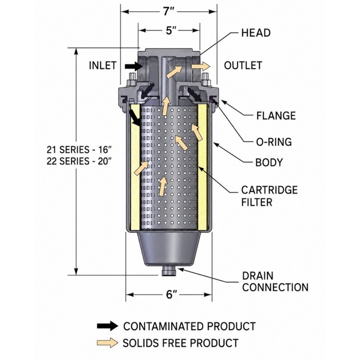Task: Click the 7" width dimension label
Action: [x=169, y=11]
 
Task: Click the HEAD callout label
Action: [x=256, y=33]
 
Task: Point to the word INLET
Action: [x=103, y=65]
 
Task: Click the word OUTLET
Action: [x=243, y=65]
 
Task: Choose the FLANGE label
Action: [x=276, y=116]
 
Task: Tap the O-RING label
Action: [x=274, y=142]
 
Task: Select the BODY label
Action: [x=269, y=163]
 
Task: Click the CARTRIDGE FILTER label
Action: [x=269, y=196]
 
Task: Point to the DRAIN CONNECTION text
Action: [x=275, y=281]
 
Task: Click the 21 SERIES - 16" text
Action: [x=79, y=150]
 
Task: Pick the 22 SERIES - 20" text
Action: [x=79, y=161]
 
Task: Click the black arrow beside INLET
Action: [x=134, y=66]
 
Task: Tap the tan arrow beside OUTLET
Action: [x=201, y=66]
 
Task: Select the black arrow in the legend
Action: [x=107, y=326]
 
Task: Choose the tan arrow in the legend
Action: [x=107, y=343]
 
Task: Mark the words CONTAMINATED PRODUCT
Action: [x=189, y=326]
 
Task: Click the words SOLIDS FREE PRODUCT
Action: [x=181, y=343]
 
